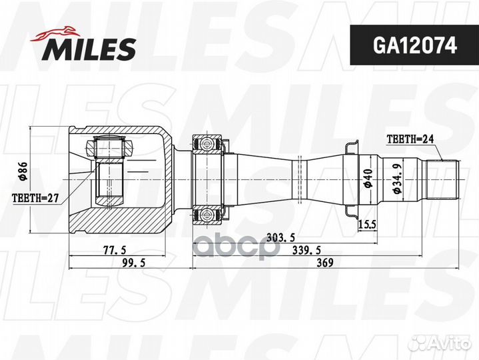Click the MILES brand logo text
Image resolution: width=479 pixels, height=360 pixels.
(x=91, y=47)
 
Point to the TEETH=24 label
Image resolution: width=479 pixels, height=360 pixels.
(x=410, y=139)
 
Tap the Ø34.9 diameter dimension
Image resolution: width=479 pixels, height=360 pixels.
(x=398, y=179)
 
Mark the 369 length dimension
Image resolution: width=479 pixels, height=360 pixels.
(x=324, y=263)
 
